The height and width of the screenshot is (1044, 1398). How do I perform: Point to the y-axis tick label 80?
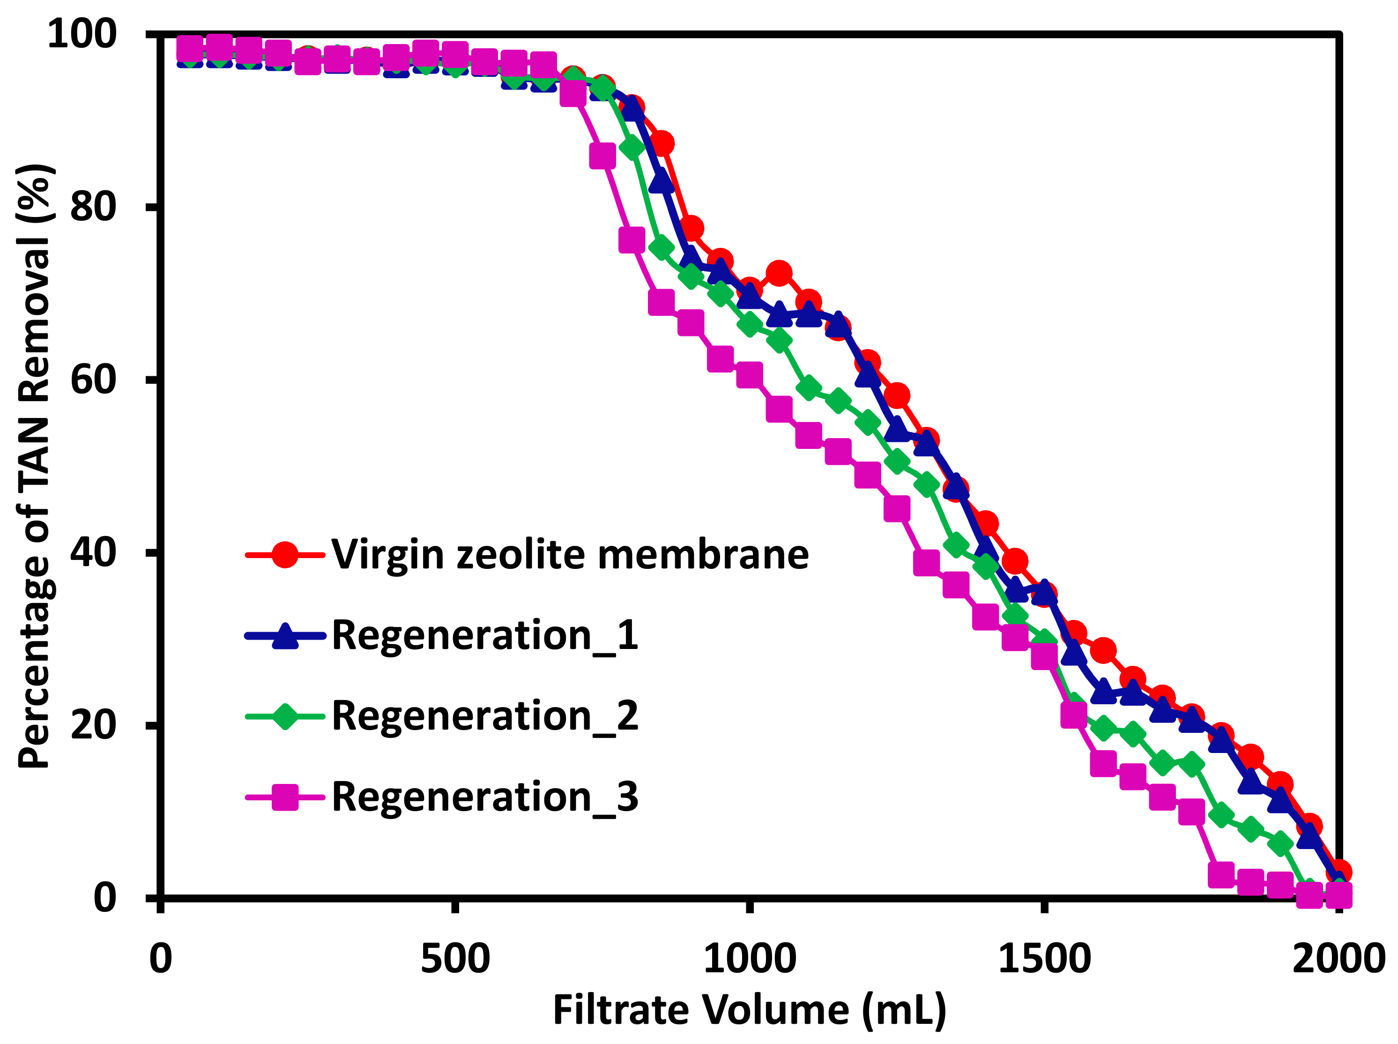[94, 207]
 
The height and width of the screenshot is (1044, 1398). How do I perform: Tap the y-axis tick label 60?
[94, 380]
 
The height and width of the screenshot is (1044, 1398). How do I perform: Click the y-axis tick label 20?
[94, 725]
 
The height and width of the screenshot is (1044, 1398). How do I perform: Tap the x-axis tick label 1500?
[1044, 959]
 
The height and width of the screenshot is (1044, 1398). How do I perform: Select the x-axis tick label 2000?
[1338, 959]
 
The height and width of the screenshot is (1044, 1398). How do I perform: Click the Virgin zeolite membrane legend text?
[570, 555]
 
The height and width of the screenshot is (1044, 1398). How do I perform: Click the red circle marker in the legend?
[285, 555]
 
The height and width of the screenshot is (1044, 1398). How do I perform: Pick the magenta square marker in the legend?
[285, 797]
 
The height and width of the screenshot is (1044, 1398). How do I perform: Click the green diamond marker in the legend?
[285, 716]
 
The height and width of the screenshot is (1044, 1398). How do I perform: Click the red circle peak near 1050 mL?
[779, 273]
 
